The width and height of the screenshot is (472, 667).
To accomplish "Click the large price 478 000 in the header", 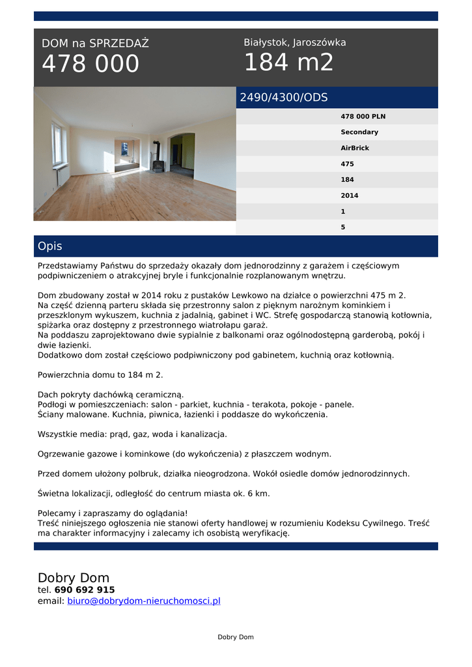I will tap(90, 64).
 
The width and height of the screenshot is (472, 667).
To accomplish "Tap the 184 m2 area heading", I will tap(288, 63).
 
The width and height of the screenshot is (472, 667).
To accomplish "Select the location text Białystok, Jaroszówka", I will tap(294, 42).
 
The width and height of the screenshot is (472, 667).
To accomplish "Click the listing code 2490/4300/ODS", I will tap(284, 98).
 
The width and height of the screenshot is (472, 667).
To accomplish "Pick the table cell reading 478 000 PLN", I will tap(363, 117).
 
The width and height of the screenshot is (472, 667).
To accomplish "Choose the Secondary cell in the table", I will tap(359, 132).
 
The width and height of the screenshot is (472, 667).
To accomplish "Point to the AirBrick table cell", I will tap(355, 148).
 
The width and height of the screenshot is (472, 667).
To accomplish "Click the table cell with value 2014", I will tap(349, 195).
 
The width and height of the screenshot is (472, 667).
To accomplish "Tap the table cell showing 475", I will tap(347, 164).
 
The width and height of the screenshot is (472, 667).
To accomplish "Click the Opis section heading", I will tap(50, 246).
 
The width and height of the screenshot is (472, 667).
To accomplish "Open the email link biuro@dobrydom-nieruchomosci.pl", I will tap(144, 601).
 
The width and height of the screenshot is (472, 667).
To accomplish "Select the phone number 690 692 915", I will tap(85, 590).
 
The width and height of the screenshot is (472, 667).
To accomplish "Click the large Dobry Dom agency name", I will tap(74, 578).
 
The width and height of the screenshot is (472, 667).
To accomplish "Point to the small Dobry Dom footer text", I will tap(236, 637).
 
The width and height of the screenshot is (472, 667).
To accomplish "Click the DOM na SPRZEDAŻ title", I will tap(95, 44).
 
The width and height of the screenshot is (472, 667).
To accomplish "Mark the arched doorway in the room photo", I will tap(182, 154).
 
